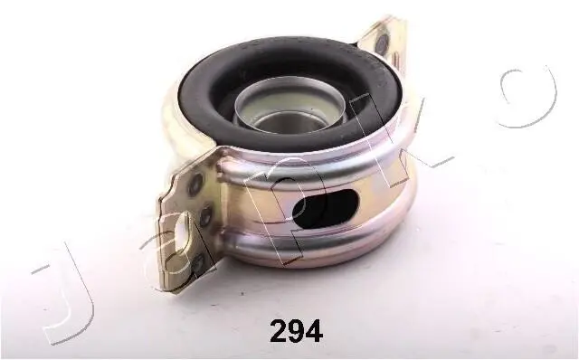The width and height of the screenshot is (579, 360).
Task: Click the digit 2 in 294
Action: pyautogui.click(x=279, y=332)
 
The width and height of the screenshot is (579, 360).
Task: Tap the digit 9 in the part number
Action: pyautogui.click(x=297, y=332)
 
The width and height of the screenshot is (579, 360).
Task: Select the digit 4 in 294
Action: pyautogui.click(x=314, y=332)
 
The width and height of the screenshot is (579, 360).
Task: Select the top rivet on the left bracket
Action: pyautogui.click(x=195, y=183)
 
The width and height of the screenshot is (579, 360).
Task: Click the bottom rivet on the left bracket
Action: pyautogui.click(x=200, y=263)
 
